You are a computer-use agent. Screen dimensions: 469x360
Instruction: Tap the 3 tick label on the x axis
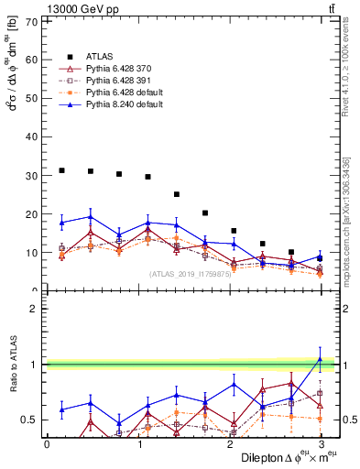tap(320, 443)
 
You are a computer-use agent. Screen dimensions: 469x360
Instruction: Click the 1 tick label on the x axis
tap(138, 443)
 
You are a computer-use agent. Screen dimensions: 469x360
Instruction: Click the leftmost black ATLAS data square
tap(61, 170)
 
